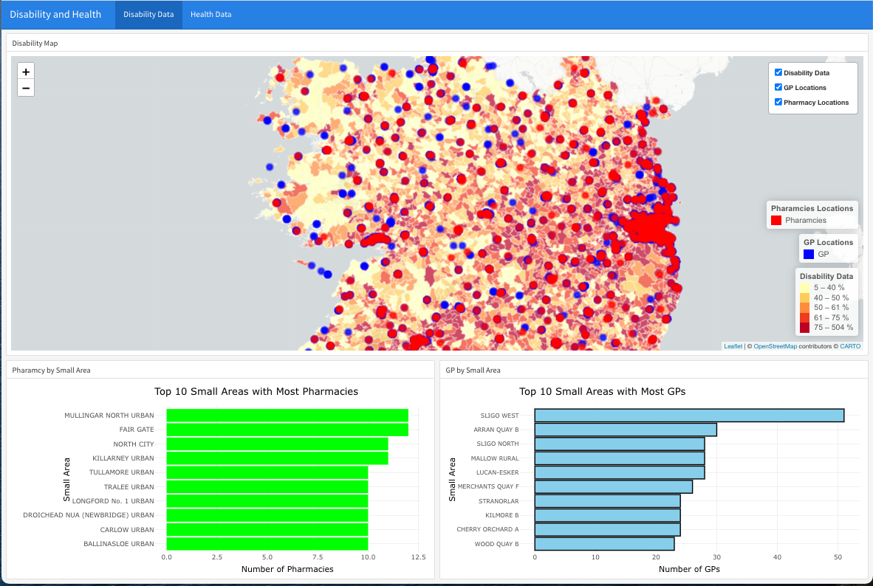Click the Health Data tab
tap(210, 15)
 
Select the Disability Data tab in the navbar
tap(148, 15)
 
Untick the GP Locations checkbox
tap(778, 88)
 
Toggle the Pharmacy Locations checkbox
tap(778, 103)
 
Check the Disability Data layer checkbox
tap(778, 73)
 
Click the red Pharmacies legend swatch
tap(776, 221)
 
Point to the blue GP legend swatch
tap(809, 254)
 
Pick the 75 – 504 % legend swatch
tap(805, 327)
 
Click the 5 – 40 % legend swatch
tap(805, 288)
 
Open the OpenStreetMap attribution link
tap(775, 346)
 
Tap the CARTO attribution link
tap(850, 346)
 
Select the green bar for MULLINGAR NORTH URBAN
tap(287, 416)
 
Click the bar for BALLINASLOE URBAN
tap(267, 544)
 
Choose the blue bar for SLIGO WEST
tap(689, 416)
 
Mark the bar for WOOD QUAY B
tap(604, 544)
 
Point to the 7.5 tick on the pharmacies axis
tap(318, 557)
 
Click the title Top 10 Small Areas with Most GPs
tap(602, 392)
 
